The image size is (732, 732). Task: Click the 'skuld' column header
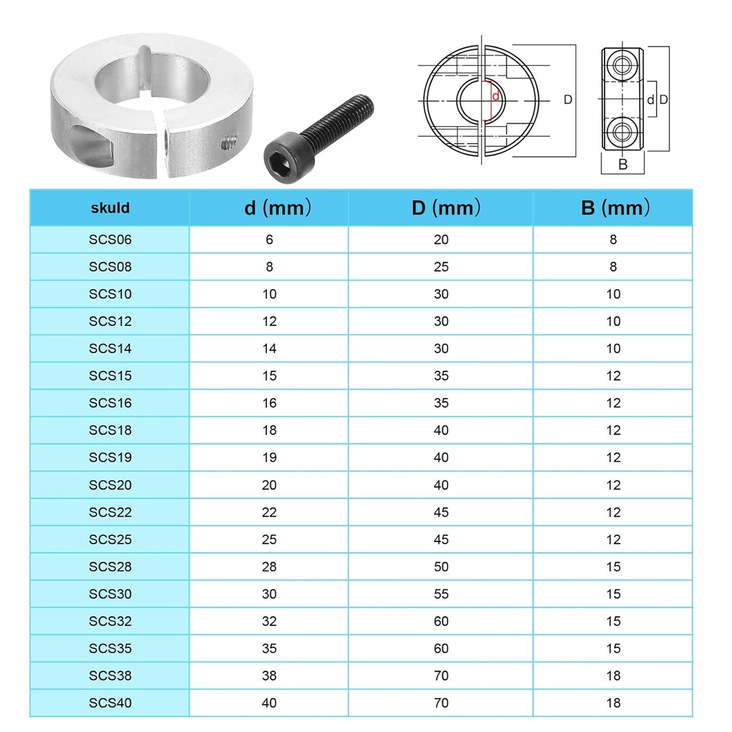pyautogui.click(x=110, y=208)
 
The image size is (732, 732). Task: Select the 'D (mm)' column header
pyautogui.click(x=441, y=208)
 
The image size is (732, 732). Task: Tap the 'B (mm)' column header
pyautogui.click(x=613, y=208)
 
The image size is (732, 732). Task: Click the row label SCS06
pyautogui.click(x=110, y=240)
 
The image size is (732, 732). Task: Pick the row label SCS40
pyautogui.click(x=110, y=703)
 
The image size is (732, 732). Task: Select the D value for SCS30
pyautogui.click(x=441, y=594)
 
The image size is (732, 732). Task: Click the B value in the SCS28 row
pyautogui.click(x=613, y=567)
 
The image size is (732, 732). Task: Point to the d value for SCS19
pyautogui.click(x=269, y=458)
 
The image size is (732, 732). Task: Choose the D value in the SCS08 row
pyautogui.click(x=441, y=267)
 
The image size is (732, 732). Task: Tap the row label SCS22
pyautogui.click(x=110, y=512)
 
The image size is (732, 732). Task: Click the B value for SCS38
pyautogui.click(x=613, y=676)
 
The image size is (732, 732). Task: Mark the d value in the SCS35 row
pyautogui.click(x=269, y=649)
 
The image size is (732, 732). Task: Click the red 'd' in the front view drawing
pyautogui.click(x=495, y=96)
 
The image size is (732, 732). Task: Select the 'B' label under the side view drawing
pyautogui.click(x=622, y=164)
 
